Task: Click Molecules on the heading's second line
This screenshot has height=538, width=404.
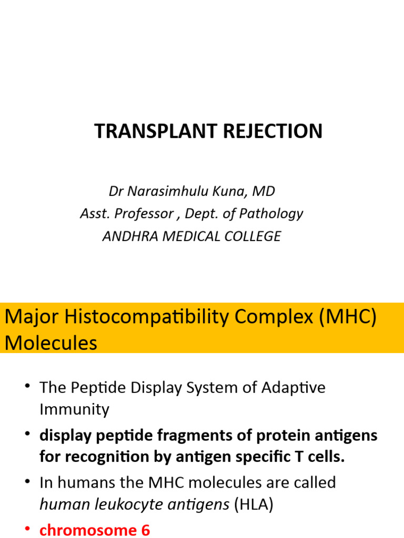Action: pos(51,343)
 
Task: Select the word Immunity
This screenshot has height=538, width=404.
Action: pos(74,409)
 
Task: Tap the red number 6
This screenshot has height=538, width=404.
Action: pos(145,530)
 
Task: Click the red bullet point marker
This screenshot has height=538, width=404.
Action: pos(27,530)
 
